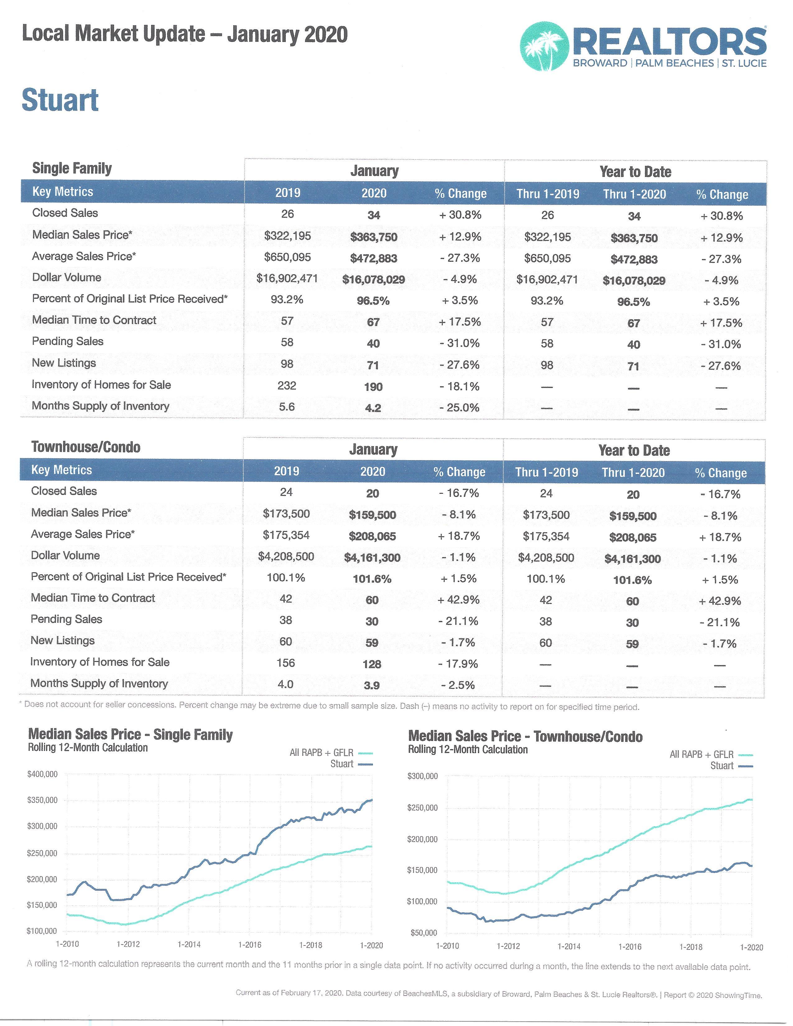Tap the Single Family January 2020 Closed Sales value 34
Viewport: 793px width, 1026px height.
click(373, 215)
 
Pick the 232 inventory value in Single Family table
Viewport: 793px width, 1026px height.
click(287, 386)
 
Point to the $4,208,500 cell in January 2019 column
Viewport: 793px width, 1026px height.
click(285, 556)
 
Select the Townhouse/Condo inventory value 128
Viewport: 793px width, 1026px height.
click(372, 664)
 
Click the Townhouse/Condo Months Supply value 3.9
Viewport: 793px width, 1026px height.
click(372, 686)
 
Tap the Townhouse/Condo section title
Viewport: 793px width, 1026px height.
click(86, 447)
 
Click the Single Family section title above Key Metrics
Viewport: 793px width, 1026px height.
click(72, 168)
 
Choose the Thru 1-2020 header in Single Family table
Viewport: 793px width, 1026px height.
click(634, 194)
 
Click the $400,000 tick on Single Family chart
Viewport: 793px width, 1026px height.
click(42, 774)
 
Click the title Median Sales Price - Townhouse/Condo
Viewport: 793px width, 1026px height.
click(525, 736)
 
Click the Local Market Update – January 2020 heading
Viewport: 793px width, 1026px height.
click(185, 34)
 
